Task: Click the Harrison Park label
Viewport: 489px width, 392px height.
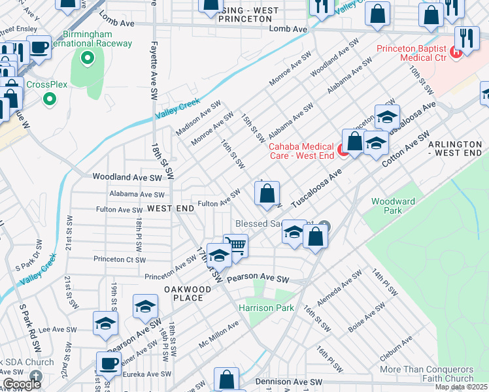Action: (x=266, y=307)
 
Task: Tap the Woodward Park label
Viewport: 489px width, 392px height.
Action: (x=393, y=206)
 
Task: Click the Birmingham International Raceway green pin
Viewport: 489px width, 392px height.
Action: (x=86, y=59)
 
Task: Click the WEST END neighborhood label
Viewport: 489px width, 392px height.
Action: (x=170, y=208)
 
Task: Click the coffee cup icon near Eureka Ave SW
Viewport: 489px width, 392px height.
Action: (x=109, y=363)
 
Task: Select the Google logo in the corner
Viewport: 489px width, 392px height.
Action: (x=22, y=384)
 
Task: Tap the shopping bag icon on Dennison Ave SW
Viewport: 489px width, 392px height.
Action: (x=226, y=380)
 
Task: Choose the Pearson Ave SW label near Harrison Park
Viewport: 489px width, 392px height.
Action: (x=258, y=279)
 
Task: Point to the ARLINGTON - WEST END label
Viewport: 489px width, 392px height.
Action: (x=454, y=147)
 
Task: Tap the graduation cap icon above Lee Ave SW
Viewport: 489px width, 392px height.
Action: (x=106, y=324)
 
